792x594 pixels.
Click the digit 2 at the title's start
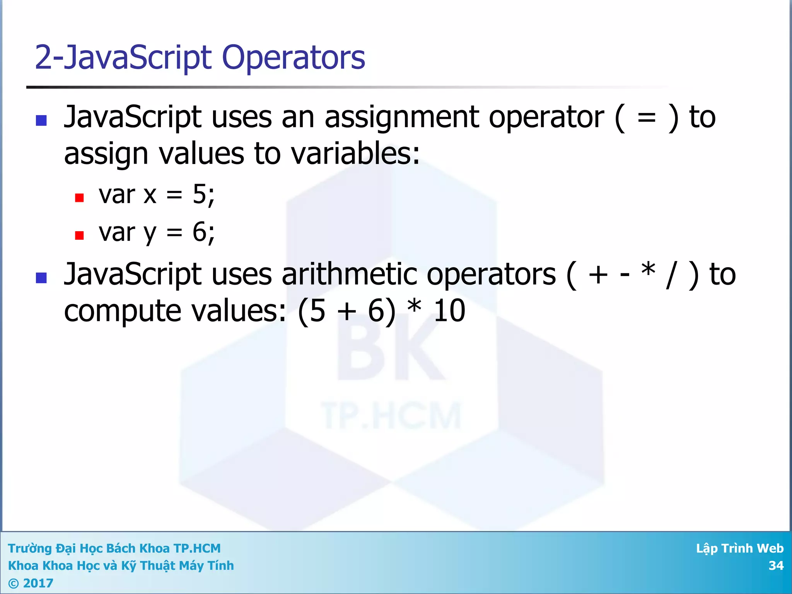[43, 58]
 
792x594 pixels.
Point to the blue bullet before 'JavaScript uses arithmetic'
[41, 278]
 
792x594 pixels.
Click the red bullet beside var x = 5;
[79, 198]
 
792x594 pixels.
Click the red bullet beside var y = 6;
[79, 236]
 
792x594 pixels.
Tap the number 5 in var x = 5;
[200, 194]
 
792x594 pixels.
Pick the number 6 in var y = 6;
[200, 232]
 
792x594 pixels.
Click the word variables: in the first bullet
[355, 154]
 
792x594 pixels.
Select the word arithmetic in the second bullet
[349, 275]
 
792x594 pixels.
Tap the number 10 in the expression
[449, 311]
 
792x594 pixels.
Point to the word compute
[122, 312]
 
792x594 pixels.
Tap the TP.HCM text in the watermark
[391, 416]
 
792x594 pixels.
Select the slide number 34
[776, 566]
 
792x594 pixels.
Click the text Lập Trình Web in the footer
[739, 548]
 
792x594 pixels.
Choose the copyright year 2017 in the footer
[38, 583]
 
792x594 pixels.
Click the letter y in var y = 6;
[150, 234]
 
